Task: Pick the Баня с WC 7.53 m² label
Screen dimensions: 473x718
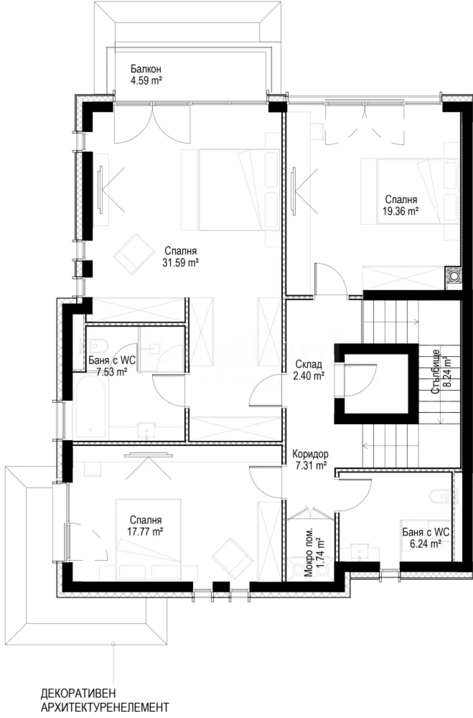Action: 112,366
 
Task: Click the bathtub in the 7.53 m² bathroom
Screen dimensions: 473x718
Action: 90,409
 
